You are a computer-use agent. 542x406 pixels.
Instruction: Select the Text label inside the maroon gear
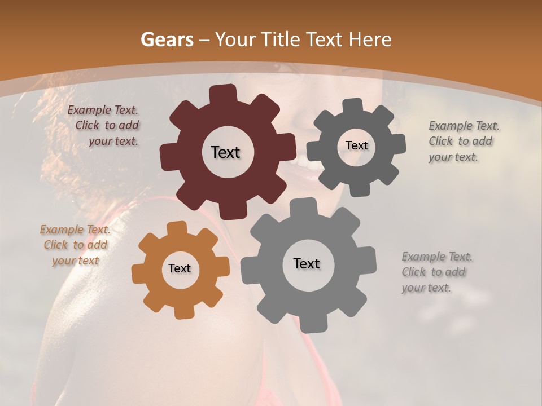(225, 152)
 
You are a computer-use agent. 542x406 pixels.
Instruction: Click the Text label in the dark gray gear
(356, 145)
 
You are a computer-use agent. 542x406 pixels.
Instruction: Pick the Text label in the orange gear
(180, 268)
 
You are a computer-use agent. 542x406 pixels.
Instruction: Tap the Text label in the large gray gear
(307, 263)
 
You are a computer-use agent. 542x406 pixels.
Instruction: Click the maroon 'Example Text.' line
(103, 111)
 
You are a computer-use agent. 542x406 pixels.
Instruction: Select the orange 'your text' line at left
(75, 261)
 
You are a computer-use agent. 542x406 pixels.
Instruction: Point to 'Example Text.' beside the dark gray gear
(464, 126)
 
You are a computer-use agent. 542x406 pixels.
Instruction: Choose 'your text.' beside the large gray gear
(426, 288)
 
